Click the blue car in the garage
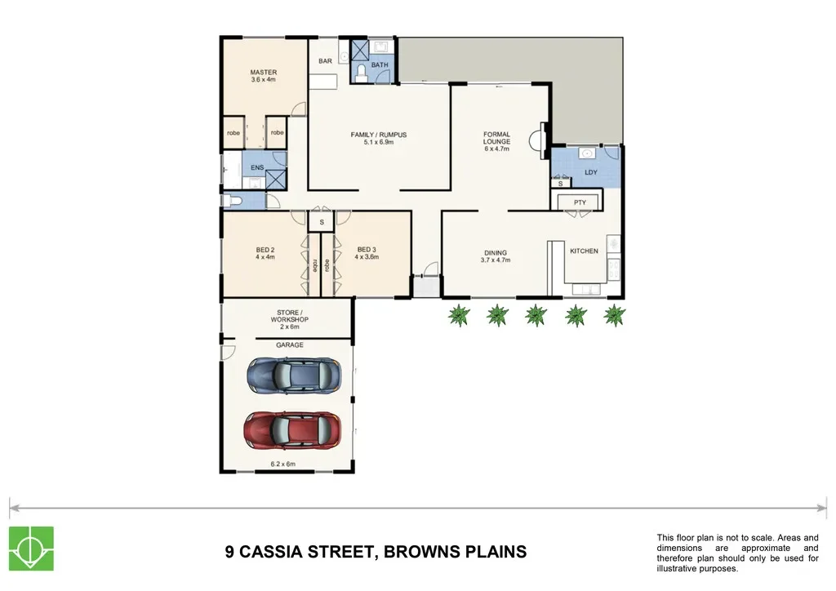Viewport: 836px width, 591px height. click(294, 375)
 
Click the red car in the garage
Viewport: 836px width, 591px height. click(293, 429)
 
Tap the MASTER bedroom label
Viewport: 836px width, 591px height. click(264, 72)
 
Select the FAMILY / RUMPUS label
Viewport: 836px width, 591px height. click(379, 135)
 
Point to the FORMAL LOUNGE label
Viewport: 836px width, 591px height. click(497, 138)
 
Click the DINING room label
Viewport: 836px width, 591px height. click(496, 253)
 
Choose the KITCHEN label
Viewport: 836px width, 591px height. click(585, 251)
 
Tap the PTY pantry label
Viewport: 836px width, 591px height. click(580, 202)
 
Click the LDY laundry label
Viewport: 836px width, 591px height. click(591, 173)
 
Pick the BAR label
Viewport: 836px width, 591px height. click(325, 61)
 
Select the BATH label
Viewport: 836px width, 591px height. click(380, 65)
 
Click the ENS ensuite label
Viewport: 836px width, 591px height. click(257, 167)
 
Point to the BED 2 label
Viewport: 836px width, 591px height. click(265, 250)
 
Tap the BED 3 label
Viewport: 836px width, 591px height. click(367, 250)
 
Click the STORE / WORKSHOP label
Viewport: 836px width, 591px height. click(290, 316)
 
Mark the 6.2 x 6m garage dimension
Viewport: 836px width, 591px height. click(282, 464)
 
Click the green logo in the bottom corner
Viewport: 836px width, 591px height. click(32, 549)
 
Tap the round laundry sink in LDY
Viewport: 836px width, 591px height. click(587, 154)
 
